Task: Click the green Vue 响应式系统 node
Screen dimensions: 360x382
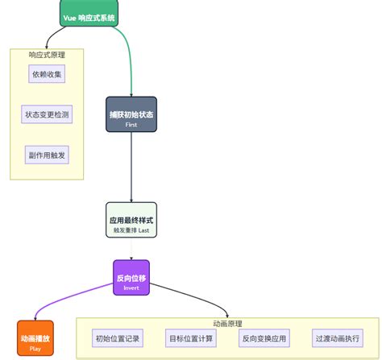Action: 89,15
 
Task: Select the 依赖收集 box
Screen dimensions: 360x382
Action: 47,74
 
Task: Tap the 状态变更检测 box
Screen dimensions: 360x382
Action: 47,114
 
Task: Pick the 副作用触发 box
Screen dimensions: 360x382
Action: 47,155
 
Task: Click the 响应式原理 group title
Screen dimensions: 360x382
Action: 47,55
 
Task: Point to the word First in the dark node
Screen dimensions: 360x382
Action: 131,126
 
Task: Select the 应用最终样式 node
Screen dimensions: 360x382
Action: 131,221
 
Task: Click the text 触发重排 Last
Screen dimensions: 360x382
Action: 131,230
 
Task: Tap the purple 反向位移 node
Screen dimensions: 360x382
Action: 131,278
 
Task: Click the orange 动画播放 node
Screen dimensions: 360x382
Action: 35,339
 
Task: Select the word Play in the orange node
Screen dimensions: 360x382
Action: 35,349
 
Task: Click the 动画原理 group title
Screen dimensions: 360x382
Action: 228,324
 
